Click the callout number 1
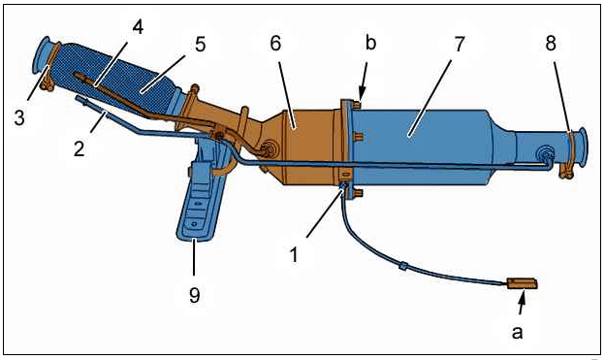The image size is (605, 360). [294, 255]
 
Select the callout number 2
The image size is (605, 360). [80, 148]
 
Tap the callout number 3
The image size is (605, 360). [19, 117]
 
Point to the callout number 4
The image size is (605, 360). [138, 27]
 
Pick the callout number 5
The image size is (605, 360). [200, 45]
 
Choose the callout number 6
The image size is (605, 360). [275, 44]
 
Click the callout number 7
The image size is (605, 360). [460, 44]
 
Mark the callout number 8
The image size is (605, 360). [551, 44]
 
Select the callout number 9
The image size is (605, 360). [195, 295]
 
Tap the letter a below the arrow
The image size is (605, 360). [517, 331]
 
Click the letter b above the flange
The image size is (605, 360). [370, 43]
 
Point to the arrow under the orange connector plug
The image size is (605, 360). [522, 302]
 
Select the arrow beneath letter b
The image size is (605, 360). [363, 81]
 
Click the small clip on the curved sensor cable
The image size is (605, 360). [402, 265]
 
